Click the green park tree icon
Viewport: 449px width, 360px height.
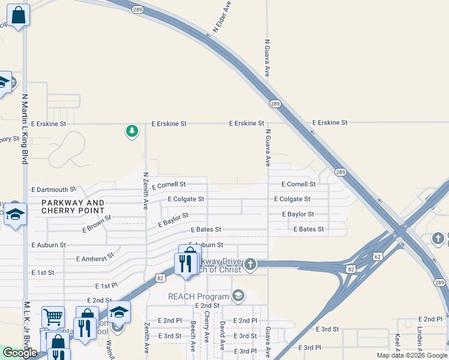click(x=132, y=131)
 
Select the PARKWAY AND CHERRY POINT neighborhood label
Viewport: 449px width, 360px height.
click(x=73, y=207)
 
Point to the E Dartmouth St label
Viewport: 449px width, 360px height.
click(x=54, y=190)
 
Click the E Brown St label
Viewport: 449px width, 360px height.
click(x=97, y=223)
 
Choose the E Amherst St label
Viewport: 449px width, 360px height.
click(x=95, y=258)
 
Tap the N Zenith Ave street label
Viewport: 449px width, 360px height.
click(x=146, y=191)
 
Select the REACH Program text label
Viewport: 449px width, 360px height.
click(x=198, y=296)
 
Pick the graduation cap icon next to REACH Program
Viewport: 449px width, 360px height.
click(x=238, y=295)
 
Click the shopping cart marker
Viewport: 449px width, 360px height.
click(x=53, y=317)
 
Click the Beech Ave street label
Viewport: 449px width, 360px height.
click(x=193, y=336)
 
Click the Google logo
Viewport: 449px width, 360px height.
click(x=20, y=353)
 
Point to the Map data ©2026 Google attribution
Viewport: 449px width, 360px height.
click(x=411, y=355)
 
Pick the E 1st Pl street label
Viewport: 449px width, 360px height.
click(x=108, y=287)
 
